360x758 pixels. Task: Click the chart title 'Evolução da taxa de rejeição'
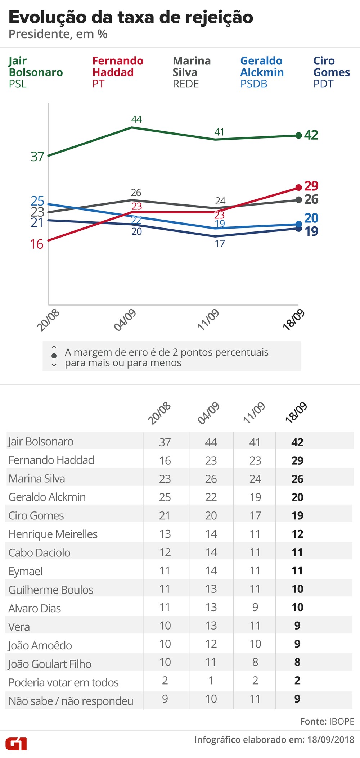pyautogui.click(x=131, y=17)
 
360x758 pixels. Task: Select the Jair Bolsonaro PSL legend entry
pyautogui.click(x=36, y=72)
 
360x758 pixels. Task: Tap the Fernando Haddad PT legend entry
pyautogui.click(x=118, y=72)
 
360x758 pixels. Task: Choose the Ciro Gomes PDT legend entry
pyautogui.click(x=331, y=72)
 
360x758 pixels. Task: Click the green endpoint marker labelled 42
pyautogui.click(x=298, y=135)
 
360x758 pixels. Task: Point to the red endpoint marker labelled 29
pyautogui.click(x=298, y=187)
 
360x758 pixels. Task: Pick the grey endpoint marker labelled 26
pyautogui.click(x=298, y=199)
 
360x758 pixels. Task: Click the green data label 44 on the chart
pyautogui.click(x=136, y=119)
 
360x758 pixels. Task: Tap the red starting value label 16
pyautogui.click(x=37, y=244)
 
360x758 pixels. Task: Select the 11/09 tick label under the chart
pyautogui.click(x=208, y=320)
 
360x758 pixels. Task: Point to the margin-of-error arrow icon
pyautogui.click(x=54, y=356)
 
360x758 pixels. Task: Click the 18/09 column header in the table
pyautogui.click(x=296, y=412)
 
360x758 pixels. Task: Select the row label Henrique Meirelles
pyautogui.click(x=53, y=534)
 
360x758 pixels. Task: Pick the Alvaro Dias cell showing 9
pyautogui.click(x=255, y=607)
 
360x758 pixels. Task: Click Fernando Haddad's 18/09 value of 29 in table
pyautogui.click(x=297, y=460)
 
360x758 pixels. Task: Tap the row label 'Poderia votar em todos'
pyautogui.click(x=63, y=682)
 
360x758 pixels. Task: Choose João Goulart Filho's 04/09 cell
pyautogui.click(x=211, y=662)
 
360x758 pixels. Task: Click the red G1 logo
pyautogui.click(x=16, y=744)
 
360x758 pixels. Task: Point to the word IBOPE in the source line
pyautogui.click(x=341, y=721)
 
